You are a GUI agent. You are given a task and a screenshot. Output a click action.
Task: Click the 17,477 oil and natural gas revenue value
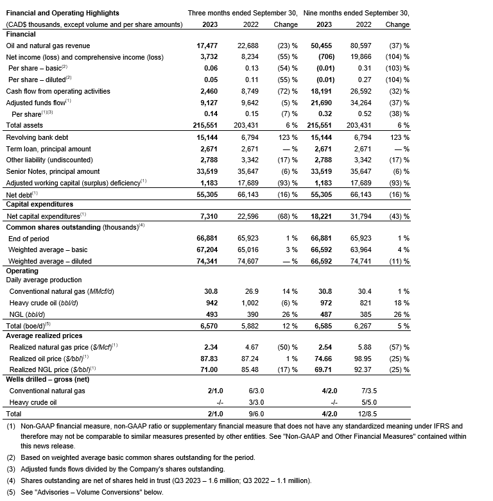coord(208,46)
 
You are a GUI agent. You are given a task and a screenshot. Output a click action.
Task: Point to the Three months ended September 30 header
coord(243,13)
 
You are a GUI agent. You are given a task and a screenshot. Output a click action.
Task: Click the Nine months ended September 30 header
coord(356,13)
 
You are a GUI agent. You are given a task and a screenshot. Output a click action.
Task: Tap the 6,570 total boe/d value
coord(209,326)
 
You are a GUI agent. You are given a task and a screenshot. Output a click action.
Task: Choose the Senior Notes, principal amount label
coord(53,171)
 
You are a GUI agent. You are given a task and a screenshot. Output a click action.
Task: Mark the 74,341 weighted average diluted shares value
coord(208,261)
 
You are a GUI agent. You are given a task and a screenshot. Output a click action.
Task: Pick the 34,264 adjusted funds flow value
coord(365,102)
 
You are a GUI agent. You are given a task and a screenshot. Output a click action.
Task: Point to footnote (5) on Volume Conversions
coord(85,492)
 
